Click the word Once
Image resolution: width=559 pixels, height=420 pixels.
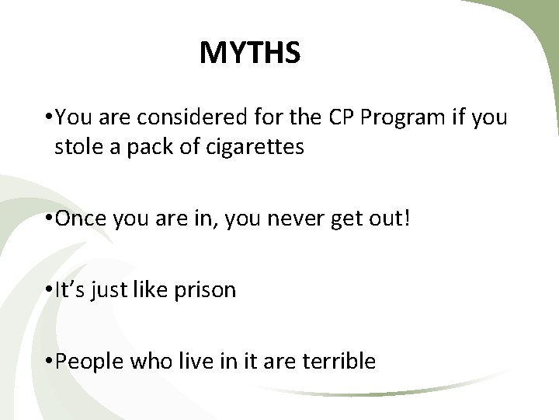click(x=81, y=219)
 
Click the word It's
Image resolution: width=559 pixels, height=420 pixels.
click(x=71, y=290)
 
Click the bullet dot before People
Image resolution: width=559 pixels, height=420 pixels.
click(x=49, y=362)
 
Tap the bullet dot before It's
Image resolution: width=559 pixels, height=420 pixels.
click(x=49, y=291)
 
